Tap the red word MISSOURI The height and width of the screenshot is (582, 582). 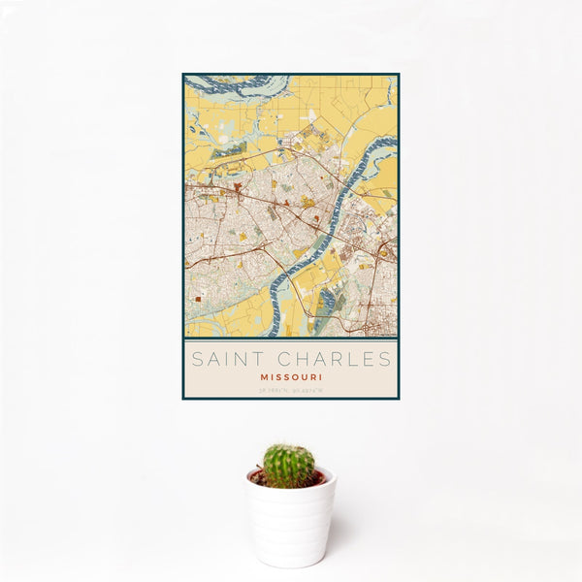click(291, 377)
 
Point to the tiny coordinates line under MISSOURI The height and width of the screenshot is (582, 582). click(291, 390)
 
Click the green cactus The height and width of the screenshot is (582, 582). click(289, 466)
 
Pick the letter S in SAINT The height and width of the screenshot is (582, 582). click(197, 360)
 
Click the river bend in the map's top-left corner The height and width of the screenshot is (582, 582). click(233, 86)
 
